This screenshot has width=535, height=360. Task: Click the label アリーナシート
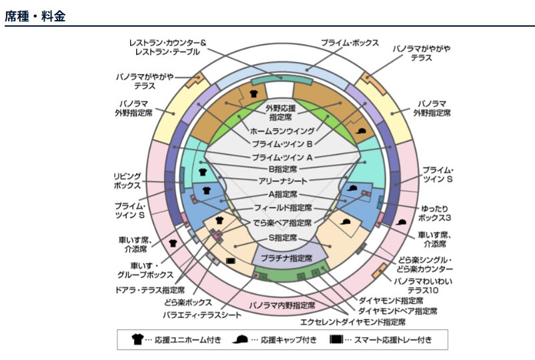coord(282,181)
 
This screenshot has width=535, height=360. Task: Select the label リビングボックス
coord(127,181)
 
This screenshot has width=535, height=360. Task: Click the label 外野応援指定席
coord(282,111)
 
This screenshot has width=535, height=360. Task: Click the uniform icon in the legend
coord(138,339)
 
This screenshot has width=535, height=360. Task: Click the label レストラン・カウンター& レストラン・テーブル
coord(169,47)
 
